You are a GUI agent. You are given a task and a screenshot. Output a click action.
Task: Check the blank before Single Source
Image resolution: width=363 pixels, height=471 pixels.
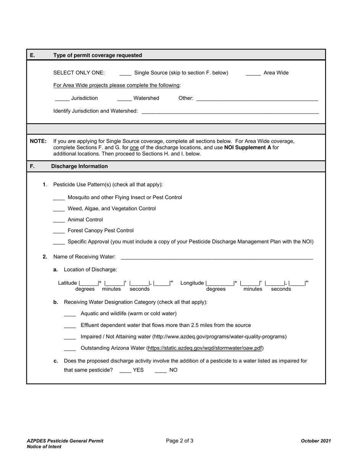(x=125, y=73)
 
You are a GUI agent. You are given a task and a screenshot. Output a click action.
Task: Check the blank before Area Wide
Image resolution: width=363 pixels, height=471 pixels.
(x=253, y=73)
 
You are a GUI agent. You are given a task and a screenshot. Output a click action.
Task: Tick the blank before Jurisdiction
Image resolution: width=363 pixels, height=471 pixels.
(x=62, y=99)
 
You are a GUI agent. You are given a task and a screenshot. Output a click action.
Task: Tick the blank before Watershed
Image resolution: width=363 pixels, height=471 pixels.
(x=124, y=99)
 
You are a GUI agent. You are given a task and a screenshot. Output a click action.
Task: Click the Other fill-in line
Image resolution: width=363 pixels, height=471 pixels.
(x=257, y=99)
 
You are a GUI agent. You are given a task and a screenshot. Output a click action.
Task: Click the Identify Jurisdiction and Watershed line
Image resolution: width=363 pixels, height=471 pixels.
(x=230, y=111)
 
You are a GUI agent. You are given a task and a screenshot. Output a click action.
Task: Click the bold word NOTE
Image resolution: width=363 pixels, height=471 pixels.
(x=38, y=141)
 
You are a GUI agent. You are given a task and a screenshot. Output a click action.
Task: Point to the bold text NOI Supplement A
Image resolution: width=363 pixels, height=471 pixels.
(x=248, y=147)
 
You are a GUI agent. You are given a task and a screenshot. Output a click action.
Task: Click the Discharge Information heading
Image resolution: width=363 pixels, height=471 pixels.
(x=79, y=167)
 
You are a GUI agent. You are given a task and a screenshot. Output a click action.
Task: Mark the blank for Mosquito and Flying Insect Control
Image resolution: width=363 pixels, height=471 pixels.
(x=59, y=198)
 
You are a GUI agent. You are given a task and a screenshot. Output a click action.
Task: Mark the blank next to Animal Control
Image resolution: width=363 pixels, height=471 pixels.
(x=59, y=220)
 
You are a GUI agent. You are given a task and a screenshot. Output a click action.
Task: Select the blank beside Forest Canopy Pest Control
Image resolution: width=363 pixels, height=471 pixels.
(x=59, y=231)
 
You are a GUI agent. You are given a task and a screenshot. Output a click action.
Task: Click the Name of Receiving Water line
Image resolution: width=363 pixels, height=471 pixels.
(x=217, y=257)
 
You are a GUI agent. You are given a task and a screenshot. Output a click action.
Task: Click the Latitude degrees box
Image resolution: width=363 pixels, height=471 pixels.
(x=89, y=283)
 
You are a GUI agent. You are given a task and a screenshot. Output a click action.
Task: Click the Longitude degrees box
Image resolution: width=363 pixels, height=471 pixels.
(x=220, y=283)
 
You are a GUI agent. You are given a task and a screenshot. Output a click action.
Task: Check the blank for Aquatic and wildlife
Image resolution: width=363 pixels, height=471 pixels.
(x=70, y=314)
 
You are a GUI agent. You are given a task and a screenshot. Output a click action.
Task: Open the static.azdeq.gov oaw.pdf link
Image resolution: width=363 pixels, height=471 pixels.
(x=205, y=348)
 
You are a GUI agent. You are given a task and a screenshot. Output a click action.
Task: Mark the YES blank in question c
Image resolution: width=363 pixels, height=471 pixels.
(x=125, y=371)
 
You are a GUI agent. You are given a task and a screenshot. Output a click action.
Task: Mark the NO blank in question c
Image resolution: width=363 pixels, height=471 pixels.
(x=160, y=371)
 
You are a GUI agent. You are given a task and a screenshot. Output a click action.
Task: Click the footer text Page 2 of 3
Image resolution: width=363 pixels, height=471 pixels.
(x=180, y=441)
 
